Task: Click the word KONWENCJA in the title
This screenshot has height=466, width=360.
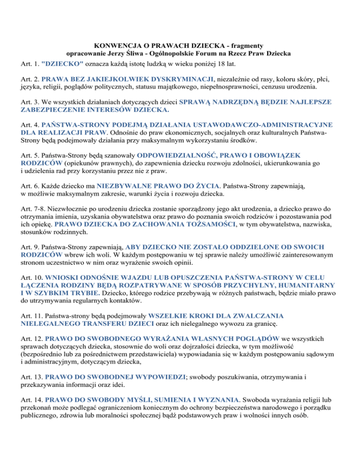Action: [x=114, y=46]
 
